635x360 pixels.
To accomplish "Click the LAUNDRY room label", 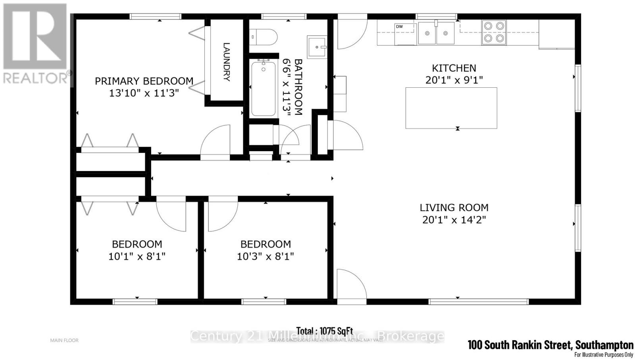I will point(226,62).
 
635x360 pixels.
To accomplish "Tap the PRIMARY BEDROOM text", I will point(144,81).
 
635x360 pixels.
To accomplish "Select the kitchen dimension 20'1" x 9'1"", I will point(454,80).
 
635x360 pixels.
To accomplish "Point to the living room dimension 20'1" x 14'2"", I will point(454,219).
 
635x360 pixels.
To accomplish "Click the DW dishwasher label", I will point(399,27).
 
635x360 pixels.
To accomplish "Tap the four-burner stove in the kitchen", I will point(494,32).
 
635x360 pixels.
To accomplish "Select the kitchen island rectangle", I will point(451,108).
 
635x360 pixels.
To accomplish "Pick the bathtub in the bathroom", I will point(263,89).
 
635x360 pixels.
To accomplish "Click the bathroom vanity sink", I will point(317,47).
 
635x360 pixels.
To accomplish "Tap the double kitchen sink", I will point(436,33).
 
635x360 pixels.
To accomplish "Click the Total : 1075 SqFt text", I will point(324,331).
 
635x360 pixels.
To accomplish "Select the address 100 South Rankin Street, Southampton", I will point(550,345).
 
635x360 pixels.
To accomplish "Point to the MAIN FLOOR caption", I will point(64,340).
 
